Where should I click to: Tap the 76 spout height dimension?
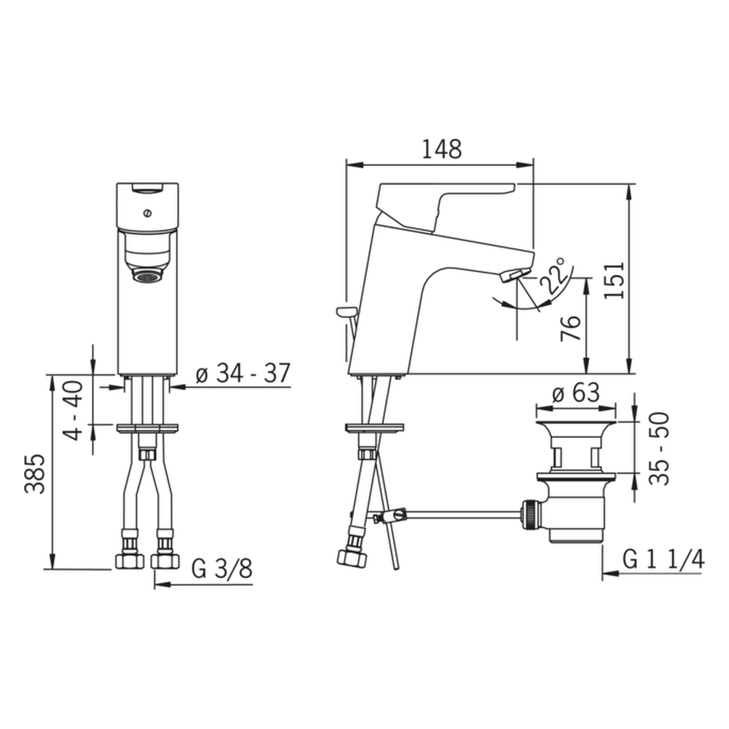point(571,328)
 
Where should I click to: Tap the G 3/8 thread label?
point(222,569)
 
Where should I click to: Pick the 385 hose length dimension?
point(35,474)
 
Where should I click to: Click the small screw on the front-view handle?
point(147,214)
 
